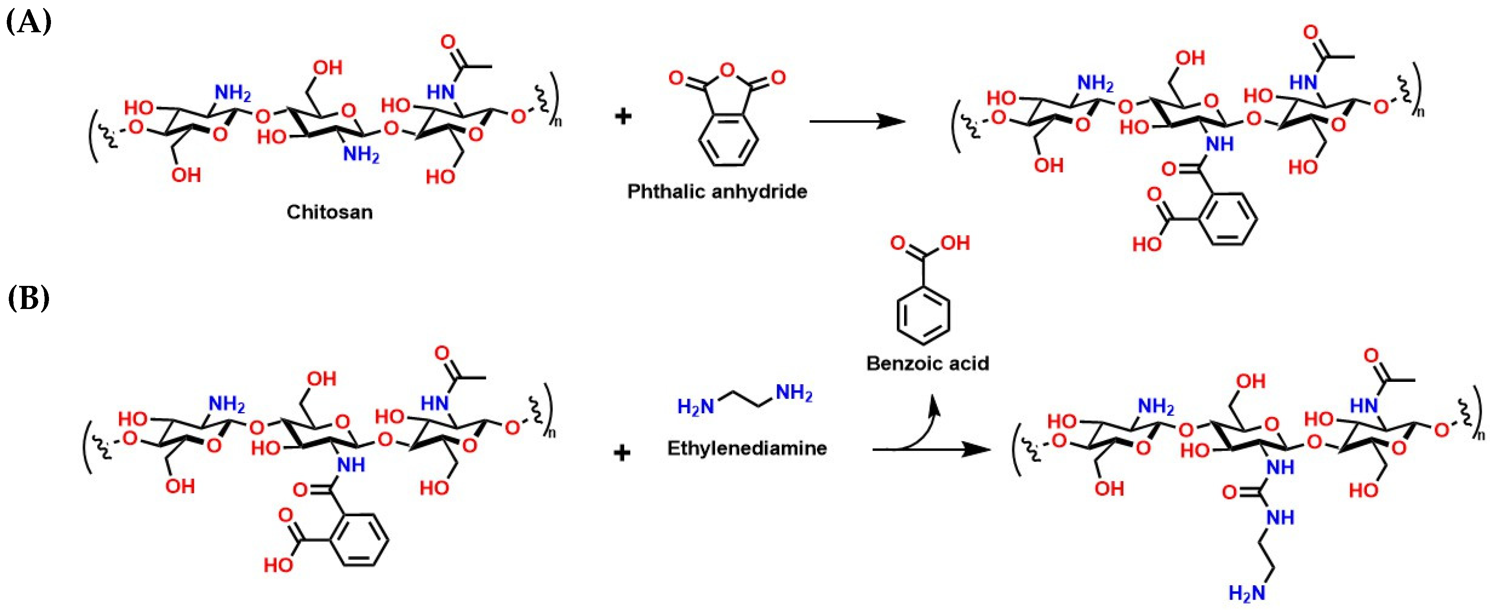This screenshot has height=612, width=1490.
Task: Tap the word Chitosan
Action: click(x=330, y=212)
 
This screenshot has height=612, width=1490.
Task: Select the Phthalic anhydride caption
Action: click(x=717, y=192)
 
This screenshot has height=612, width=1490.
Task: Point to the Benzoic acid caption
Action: click(x=928, y=363)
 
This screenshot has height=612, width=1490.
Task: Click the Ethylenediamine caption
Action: click(x=747, y=448)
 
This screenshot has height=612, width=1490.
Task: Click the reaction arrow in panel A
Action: click(x=856, y=121)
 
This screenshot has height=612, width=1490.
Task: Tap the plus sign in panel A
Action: click(x=623, y=116)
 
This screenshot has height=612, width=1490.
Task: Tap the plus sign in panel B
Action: click(x=622, y=452)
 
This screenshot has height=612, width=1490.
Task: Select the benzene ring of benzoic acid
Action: click(x=923, y=314)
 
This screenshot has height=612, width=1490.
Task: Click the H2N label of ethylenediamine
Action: click(x=696, y=407)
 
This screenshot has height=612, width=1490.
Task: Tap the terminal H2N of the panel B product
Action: click(x=1247, y=593)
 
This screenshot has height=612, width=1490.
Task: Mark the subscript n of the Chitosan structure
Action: click(x=558, y=121)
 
